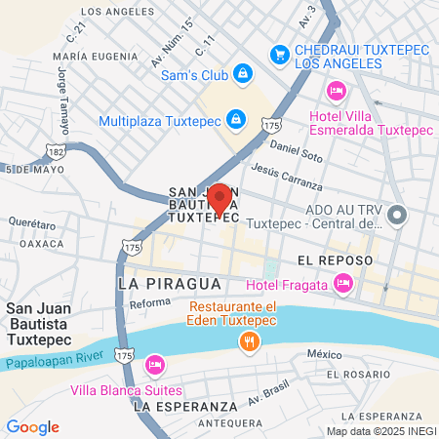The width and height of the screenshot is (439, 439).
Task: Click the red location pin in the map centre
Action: coord(219,198)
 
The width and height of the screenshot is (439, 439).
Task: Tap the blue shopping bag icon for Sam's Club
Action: coord(242,73)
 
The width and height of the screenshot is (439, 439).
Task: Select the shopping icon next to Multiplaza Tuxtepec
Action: coord(234,120)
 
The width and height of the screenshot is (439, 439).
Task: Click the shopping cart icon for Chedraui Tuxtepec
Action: coord(280,55)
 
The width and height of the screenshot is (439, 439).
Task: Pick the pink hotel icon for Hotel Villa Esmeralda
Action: coord(336,91)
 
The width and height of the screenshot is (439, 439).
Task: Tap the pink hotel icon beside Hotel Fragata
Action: coord(342,284)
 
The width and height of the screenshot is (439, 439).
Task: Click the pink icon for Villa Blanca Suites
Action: coord(153,366)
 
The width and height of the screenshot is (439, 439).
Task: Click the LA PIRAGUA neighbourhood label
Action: coord(163,282)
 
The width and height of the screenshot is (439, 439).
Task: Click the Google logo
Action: coord(32,426)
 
